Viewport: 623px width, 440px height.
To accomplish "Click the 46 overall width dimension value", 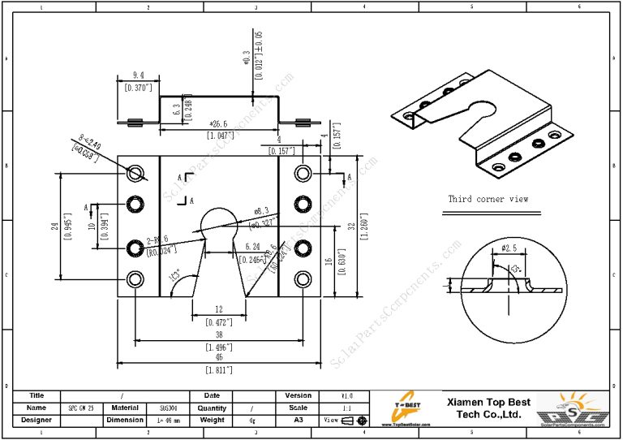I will click(x=215, y=357).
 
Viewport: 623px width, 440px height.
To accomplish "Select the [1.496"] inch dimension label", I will click(x=215, y=347).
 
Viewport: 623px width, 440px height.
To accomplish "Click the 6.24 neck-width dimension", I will click(x=252, y=246).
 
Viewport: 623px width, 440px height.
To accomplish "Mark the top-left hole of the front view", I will click(x=135, y=172).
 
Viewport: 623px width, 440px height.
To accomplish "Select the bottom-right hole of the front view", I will click(x=303, y=280).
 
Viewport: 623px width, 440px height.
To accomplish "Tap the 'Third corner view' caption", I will click(x=488, y=199).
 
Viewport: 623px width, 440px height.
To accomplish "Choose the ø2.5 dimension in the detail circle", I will click(x=509, y=248).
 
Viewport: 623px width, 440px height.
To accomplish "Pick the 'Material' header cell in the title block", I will click(x=124, y=408).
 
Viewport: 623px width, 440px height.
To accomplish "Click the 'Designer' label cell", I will click(x=37, y=420).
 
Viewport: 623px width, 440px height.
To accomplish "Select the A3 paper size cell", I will click(x=299, y=420).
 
